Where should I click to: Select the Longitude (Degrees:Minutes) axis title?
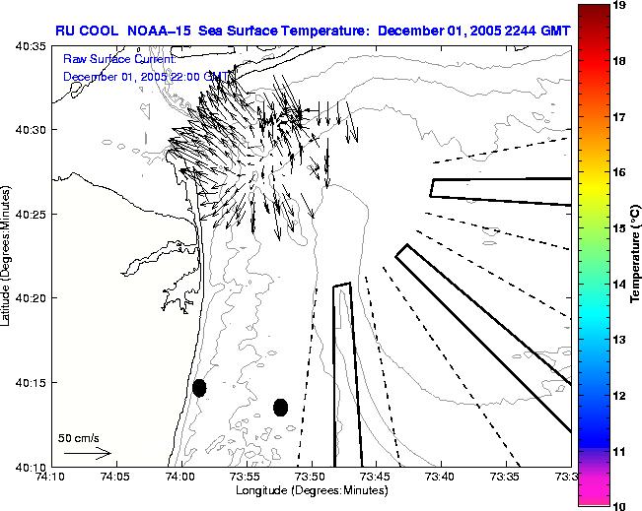[310, 490]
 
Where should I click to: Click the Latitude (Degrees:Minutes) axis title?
[8, 255]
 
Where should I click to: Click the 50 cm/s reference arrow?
[88, 453]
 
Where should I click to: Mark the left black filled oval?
[199, 388]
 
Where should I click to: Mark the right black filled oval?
[280, 407]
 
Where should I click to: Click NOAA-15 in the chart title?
[161, 30]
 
